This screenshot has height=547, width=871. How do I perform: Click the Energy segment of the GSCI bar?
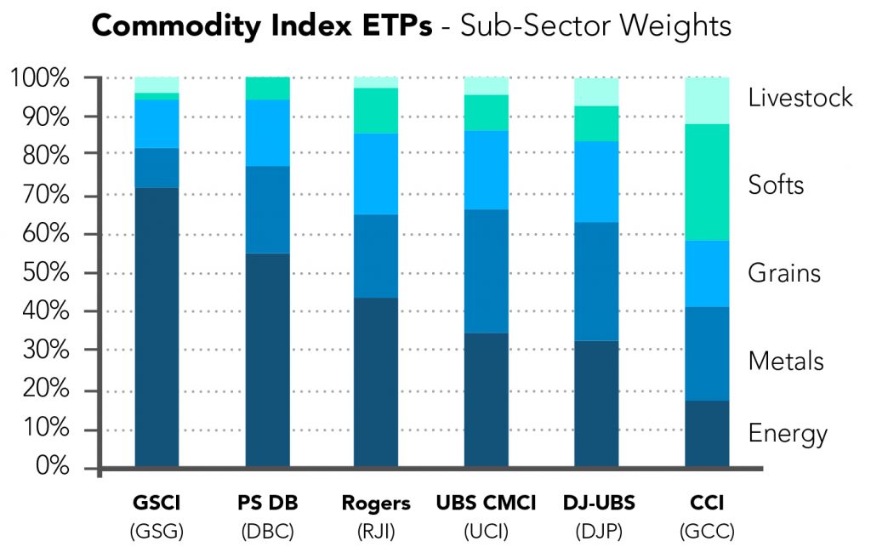click(x=157, y=328)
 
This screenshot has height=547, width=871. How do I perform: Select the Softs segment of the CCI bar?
click(x=707, y=182)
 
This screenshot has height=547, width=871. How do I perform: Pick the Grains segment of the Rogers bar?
click(x=375, y=174)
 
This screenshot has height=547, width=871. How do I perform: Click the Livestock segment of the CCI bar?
click(x=707, y=100)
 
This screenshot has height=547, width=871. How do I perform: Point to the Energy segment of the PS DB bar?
click(x=267, y=360)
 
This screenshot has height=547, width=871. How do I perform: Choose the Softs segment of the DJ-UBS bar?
click(x=597, y=123)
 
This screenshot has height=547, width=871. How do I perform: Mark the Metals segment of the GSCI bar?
click(x=157, y=168)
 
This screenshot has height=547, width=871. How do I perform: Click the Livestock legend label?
click(x=800, y=98)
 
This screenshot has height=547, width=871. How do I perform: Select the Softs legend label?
click(x=776, y=185)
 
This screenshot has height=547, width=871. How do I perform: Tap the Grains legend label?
click(x=783, y=273)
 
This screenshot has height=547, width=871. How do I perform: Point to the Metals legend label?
click(x=786, y=362)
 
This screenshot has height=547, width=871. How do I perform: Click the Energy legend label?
click(x=788, y=434)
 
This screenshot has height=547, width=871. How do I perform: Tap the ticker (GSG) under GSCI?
click(x=157, y=533)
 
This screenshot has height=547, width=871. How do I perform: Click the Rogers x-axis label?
click(x=375, y=504)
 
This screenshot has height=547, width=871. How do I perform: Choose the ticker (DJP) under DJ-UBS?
click(x=597, y=533)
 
